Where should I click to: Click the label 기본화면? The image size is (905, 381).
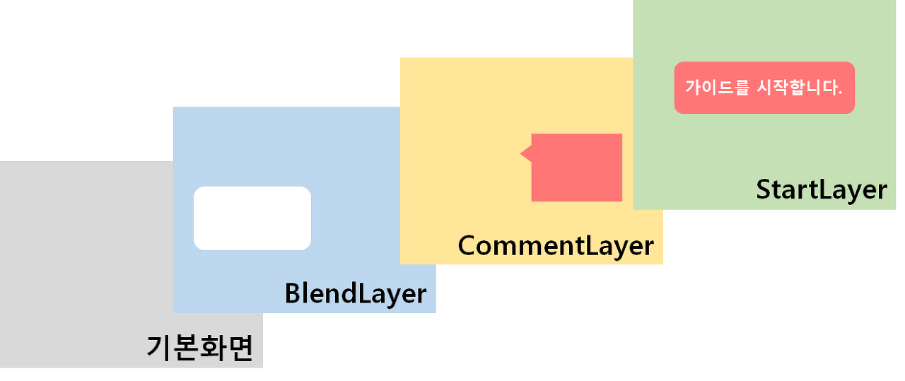200,347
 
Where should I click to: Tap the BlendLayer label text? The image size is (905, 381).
356,293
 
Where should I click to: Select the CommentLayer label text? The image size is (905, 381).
556,245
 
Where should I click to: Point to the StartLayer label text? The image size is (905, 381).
821,189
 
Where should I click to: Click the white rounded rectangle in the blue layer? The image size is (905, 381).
252,218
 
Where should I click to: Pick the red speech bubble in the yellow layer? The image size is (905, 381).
576,168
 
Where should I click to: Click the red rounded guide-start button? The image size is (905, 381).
764,88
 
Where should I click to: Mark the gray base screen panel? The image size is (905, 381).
85,269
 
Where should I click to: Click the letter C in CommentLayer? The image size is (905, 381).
469,245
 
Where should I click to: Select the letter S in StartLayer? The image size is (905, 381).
765,189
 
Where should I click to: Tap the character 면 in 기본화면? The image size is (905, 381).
240,347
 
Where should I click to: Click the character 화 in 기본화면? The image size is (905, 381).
214,347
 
